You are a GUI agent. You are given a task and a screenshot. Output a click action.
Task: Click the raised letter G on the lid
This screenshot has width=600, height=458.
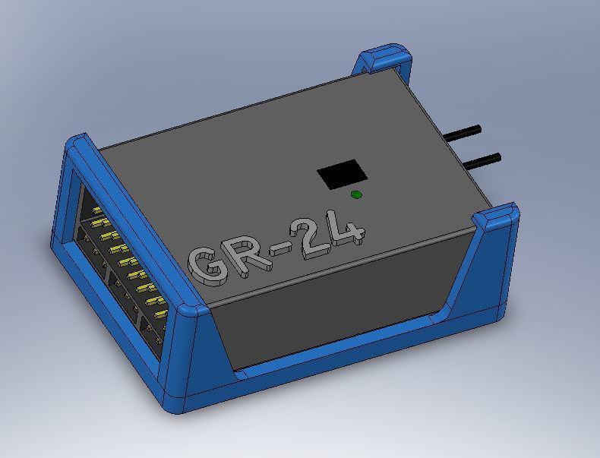[207, 264]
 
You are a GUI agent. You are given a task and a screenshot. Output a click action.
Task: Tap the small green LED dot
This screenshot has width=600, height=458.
[356, 195]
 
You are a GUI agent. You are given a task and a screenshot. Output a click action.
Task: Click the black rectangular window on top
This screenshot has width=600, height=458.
[342, 175]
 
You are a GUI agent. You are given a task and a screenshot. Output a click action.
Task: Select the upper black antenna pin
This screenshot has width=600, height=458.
[472, 132]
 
